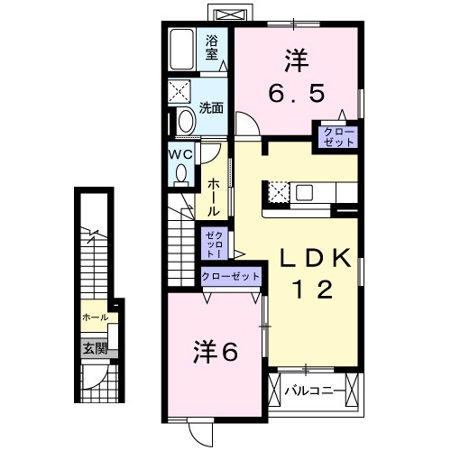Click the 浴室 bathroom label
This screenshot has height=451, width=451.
(212, 47)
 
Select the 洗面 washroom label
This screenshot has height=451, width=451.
(212, 107)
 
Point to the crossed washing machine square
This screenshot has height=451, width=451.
(179, 92)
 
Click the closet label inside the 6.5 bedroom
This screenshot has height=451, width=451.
(334, 138)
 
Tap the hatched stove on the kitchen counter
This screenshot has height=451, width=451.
(278, 192)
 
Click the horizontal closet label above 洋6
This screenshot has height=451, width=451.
(231, 276)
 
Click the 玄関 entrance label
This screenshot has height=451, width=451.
(95, 346)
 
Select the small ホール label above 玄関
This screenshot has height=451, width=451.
(94, 318)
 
